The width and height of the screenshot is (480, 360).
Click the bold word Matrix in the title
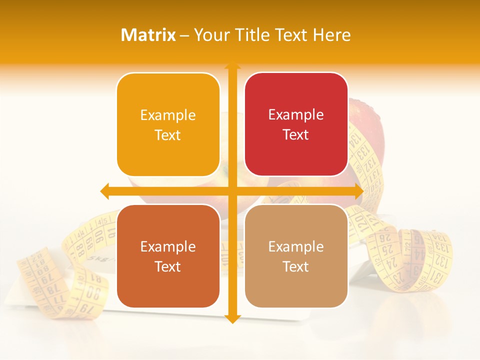[x=148, y=35]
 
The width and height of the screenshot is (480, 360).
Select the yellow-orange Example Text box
[x=168, y=124]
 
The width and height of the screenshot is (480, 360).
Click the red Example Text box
[x=296, y=124]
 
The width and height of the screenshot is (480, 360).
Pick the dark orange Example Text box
[x=168, y=256]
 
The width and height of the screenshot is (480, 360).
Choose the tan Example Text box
[x=296, y=256]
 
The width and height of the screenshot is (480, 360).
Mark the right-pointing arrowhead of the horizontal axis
[x=358, y=191]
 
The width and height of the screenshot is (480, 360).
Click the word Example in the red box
[x=296, y=115]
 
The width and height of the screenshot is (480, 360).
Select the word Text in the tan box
[x=296, y=266]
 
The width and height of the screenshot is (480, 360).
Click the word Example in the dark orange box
[x=168, y=246]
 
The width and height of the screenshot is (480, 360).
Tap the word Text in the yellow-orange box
[x=168, y=135]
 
